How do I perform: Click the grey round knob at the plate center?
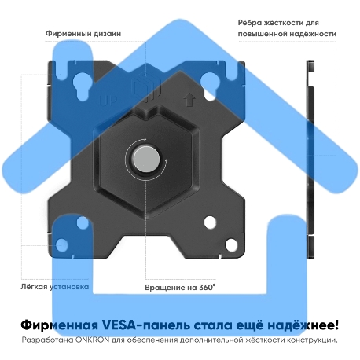[x=146, y=157]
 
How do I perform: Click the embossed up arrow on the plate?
[x=188, y=101]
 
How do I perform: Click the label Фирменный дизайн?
[x=84, y=35]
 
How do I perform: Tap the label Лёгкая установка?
[x=55, y=287]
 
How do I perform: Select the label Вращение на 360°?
[x=180, y=287]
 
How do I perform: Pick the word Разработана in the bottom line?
[x=49, y=340]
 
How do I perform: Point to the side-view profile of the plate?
[x=307, y=157]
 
